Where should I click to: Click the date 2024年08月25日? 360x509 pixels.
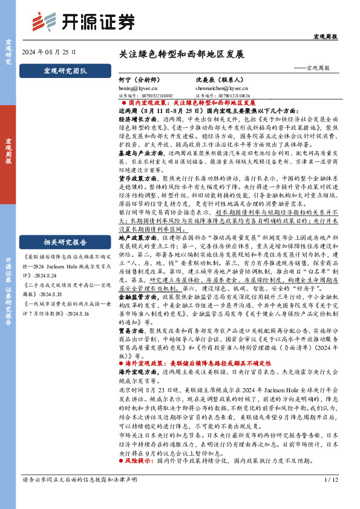coord(48,53)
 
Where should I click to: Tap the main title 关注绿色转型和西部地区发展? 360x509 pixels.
coord(182,54)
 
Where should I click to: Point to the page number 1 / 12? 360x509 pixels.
coord(331,497)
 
